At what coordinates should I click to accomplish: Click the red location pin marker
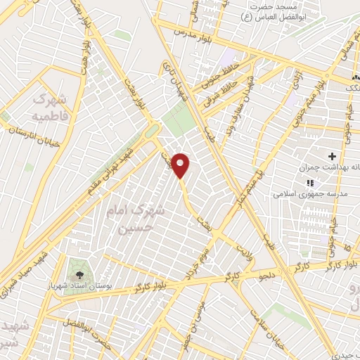[181, 165]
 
